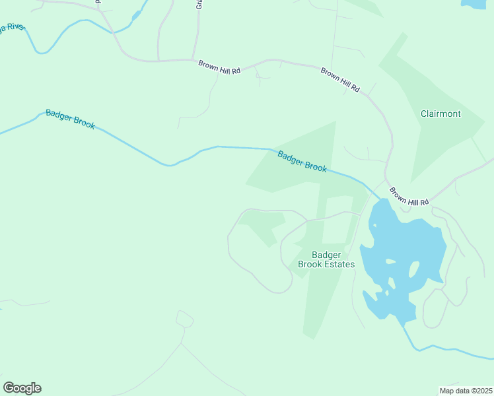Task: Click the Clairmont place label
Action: pyautogui.click(x=441, y=114)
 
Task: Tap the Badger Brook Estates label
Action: pyautogui.click(x=326, y=259)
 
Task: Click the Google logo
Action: pyautogui.click(x=22, y=388)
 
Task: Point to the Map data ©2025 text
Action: pyautogui.click(x=466, y=391)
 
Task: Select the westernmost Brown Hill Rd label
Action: pyautogui.click(x=219, y=67)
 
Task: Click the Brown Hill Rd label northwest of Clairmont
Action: pyautogui.click(x=340, y=79)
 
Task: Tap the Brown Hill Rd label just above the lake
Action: pyautogui.click(x=409, y=197)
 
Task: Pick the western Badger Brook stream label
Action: pyautogui.click(x=71, y=119)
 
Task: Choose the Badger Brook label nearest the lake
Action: pyautogui.click(x=302, y=162)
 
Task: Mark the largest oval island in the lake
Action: pyautogui.click(x=414, y=269)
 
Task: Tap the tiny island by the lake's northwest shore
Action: pyautogui.click(x=374, y=226)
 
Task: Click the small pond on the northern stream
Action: pyautogui.click(x=137, y=15)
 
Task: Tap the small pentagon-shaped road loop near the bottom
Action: pyautogui.click(x=185, y=319)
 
